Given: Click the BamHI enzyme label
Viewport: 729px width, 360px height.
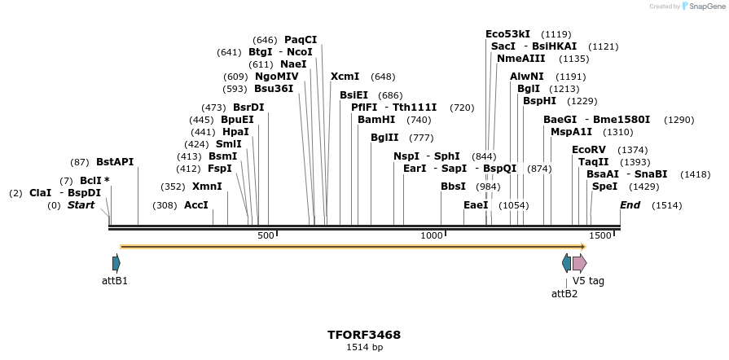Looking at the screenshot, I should pos(376,120).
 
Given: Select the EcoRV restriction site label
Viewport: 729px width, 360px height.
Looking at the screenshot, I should pos(589,150).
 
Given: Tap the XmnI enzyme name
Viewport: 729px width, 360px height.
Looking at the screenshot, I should pos(207,187).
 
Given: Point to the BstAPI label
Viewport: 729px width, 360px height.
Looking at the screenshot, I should pos(115,162).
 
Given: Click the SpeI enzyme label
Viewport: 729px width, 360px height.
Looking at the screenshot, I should pos(604,187).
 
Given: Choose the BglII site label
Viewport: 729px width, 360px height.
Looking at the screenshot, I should pos(384,138).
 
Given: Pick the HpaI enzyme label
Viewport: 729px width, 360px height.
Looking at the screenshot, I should pos(235,132).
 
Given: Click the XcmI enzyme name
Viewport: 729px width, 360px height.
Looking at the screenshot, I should pos(345,77).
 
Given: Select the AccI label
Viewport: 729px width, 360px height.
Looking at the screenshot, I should pos(196,205).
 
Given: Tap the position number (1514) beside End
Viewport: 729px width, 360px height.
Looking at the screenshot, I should pos(666,205).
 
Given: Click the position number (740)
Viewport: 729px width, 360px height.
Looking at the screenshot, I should pos(418,120).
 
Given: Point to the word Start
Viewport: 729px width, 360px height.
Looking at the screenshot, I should pos(81,205).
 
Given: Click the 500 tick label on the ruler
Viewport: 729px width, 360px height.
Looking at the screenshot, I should pos(266,235).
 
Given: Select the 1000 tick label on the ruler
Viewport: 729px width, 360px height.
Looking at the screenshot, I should pos(431,235).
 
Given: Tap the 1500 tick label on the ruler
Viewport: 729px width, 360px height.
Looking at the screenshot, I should pos(599,235).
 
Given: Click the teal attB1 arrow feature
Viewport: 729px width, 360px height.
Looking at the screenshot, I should pos(116,262).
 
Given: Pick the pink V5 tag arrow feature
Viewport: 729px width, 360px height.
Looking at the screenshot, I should pos(579,262).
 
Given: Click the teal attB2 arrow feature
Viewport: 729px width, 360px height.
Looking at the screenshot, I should pos(566,262).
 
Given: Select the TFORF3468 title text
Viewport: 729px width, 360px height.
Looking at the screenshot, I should pos(364,335).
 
